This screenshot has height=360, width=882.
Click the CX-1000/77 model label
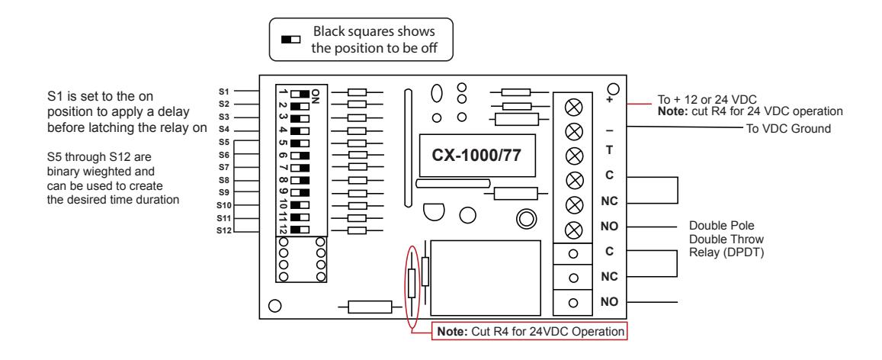476,156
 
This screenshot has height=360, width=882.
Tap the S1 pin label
224,91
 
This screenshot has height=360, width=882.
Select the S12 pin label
225,230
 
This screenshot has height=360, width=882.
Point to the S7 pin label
224,167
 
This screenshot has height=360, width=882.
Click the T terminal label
608,151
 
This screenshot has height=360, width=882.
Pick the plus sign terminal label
608,100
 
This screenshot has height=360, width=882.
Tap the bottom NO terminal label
609,302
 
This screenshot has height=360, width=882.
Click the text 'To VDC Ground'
788,129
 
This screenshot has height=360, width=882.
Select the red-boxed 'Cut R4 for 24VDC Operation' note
529,331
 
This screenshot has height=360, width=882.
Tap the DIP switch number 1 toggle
300,93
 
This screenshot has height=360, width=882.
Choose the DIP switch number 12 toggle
300,230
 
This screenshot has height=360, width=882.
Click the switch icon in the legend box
290,40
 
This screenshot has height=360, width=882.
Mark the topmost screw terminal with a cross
572,106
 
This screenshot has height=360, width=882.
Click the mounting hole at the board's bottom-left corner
275,306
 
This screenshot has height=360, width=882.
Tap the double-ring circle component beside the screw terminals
525,219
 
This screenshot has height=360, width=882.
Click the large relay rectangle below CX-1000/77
486,278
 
